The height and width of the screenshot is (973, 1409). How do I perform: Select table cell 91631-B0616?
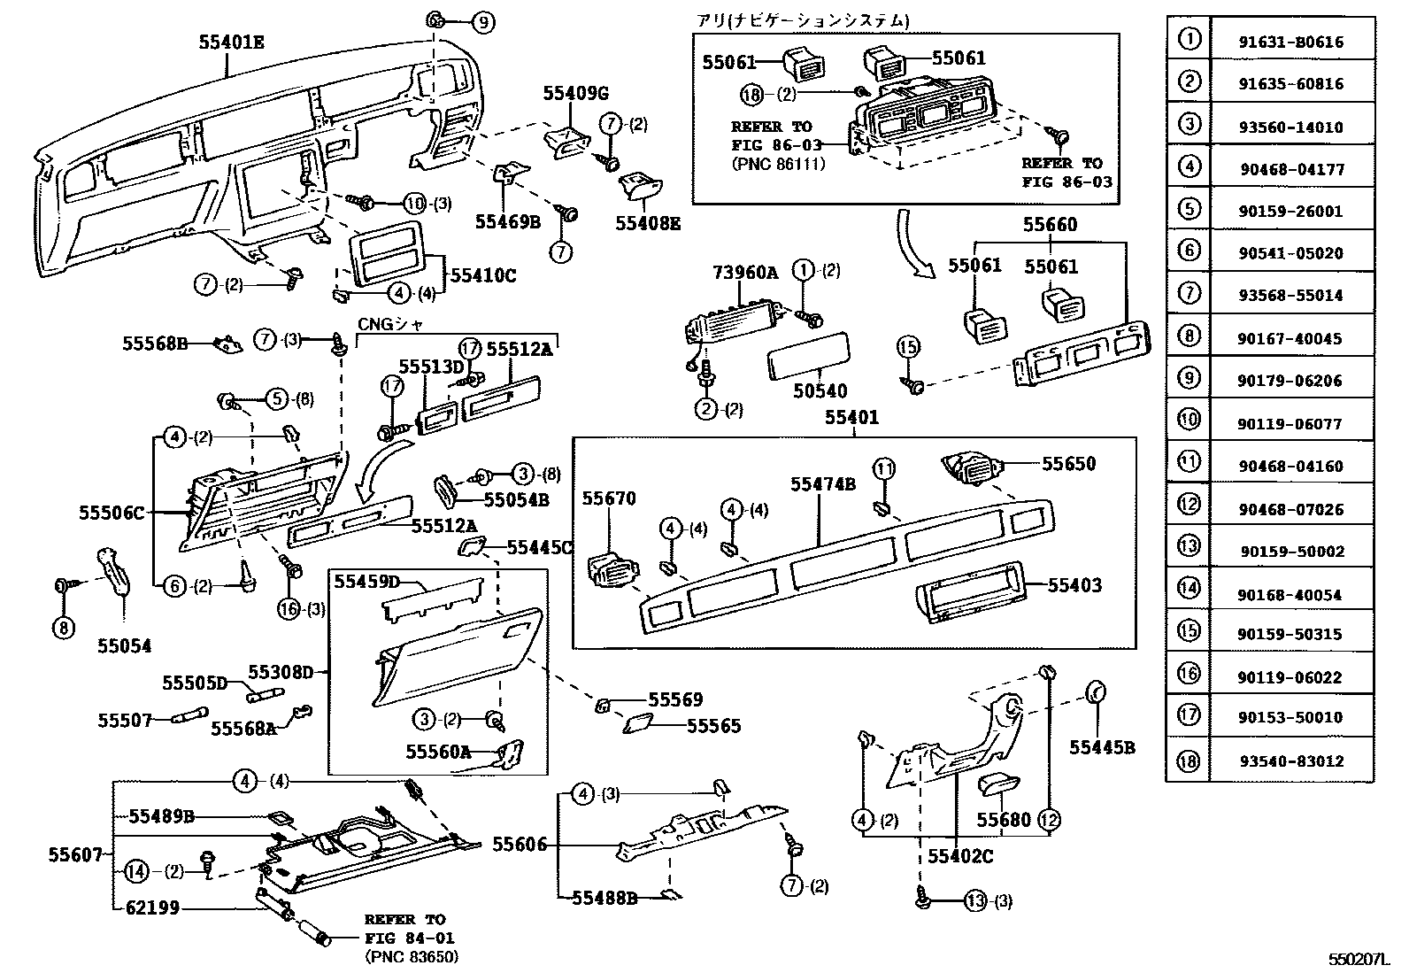1291,42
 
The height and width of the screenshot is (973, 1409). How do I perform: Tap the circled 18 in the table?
1189,761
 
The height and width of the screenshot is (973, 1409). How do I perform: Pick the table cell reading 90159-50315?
1291,635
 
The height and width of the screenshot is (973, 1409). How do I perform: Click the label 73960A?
745,273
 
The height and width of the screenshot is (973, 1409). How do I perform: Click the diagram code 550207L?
1358,959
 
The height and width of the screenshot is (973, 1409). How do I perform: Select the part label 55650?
1068,464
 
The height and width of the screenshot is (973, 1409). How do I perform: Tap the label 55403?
1075,585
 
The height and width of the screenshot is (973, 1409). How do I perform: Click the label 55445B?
1101,747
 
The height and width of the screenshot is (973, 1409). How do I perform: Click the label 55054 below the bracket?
124,646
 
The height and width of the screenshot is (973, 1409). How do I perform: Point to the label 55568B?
154,343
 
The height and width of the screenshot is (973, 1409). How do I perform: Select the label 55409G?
576,93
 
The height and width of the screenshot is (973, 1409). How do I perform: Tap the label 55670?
608,499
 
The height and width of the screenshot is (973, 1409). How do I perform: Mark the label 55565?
714,726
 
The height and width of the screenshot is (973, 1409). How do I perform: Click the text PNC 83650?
411,957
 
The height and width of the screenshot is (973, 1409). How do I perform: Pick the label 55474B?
822,484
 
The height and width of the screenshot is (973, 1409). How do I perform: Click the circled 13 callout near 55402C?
974,901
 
